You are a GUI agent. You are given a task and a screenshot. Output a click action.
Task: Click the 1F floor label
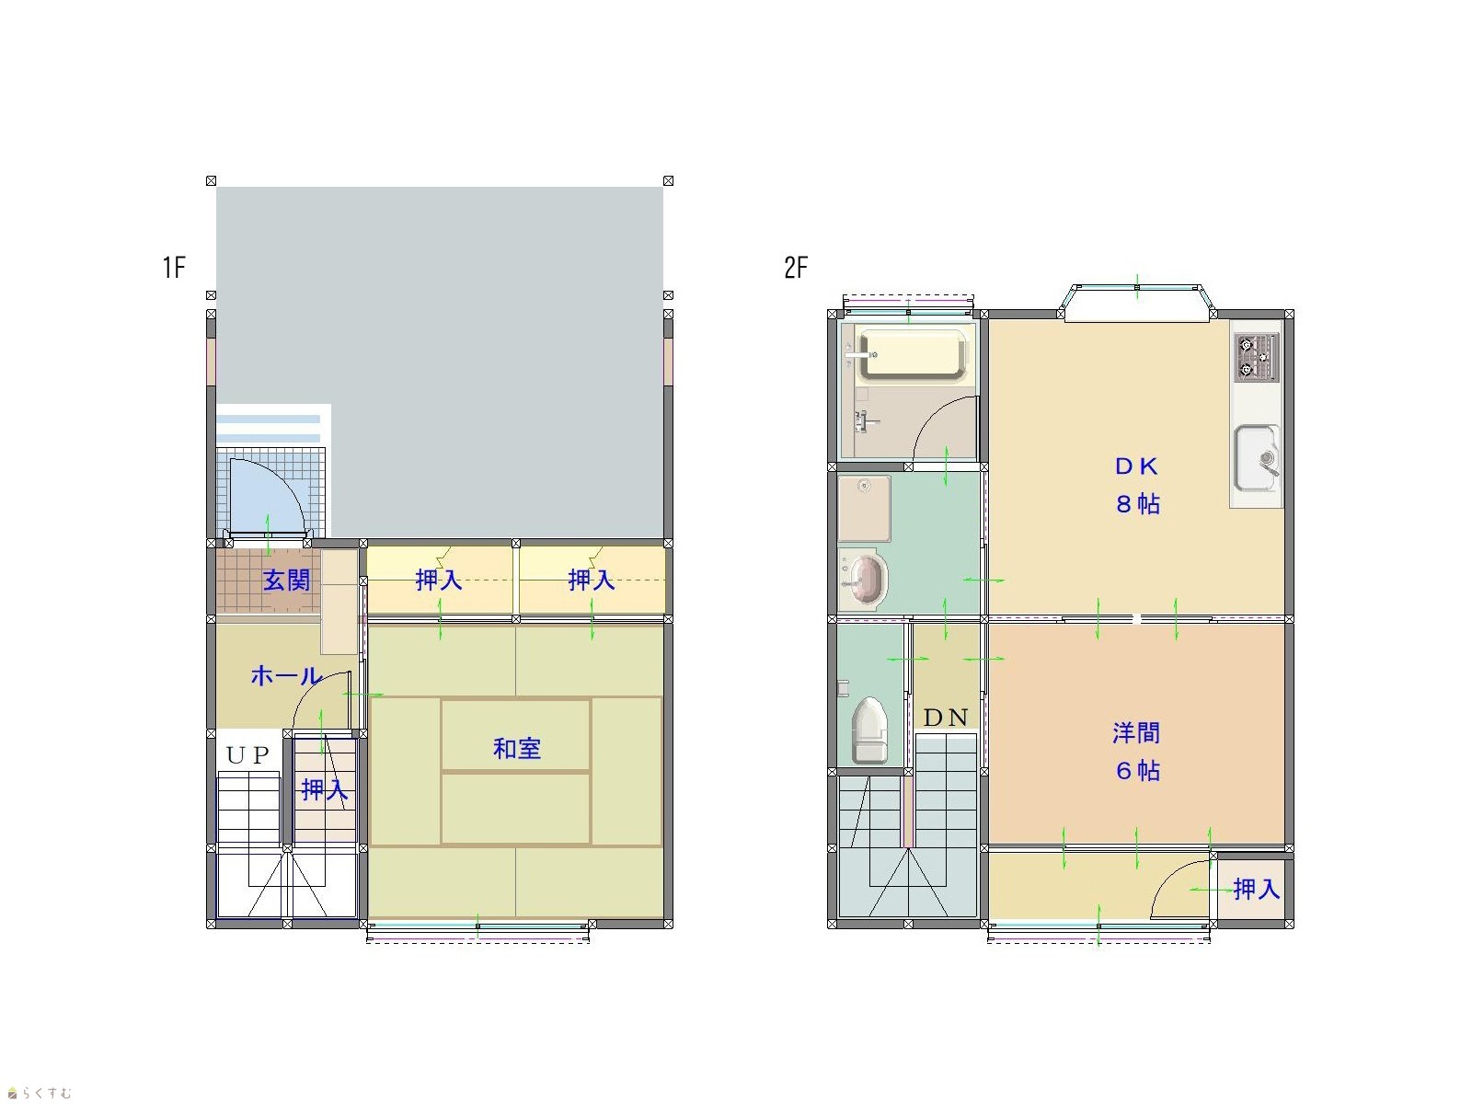tap(175, 267)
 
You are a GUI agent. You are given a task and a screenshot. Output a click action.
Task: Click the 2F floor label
tap(796, 267)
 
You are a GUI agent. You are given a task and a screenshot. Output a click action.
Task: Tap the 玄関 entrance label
tap(286, 580)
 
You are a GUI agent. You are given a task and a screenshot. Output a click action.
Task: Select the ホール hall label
tap(286, 675)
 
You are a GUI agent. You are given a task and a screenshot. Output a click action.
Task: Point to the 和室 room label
tap(516, 748)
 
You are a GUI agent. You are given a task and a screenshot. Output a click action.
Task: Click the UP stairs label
tap(247, 755)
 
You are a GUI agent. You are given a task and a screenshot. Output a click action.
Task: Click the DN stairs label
tap(946, 718)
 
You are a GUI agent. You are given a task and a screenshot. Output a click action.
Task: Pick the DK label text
tap(1137, 466)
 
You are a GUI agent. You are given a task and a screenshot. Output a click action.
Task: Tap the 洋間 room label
tap(1136, 732)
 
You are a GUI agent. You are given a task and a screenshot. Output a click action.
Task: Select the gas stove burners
tap(1257, 358)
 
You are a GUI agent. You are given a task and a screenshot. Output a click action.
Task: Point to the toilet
tap(869, 730)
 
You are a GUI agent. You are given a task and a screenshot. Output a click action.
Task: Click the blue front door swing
tap(267, 496)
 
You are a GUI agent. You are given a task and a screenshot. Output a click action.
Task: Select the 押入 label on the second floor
tap(1256, 890)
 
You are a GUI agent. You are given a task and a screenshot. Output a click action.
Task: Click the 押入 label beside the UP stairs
tap(325, 789)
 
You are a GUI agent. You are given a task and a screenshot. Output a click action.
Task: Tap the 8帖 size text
tap(1137, 503)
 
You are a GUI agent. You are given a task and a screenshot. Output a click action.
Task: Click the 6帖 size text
tap(1137, 770)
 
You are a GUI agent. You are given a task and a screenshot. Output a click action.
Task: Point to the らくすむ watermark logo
tap(39, 1093)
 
